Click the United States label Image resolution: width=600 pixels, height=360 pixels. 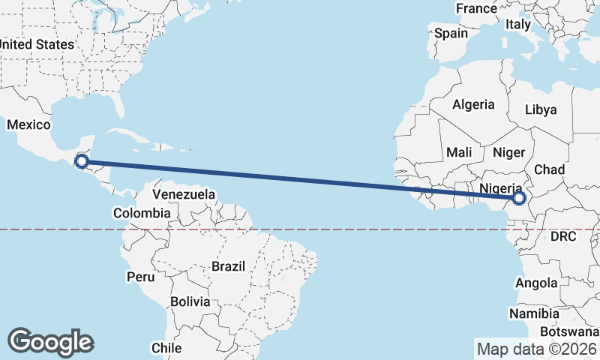[x=37, y=44]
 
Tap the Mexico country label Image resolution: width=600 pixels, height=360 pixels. [x=29, y=124]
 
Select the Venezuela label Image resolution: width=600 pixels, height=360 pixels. [x=184, y=195]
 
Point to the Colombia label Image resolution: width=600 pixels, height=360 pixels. [x=142, y=214]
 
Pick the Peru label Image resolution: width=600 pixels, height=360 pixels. [x=140, y=277]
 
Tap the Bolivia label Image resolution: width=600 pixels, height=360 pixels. [x=189, y=302]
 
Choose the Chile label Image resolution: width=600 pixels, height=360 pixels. [x=166, y=348]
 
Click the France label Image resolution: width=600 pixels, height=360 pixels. [x=477, y=8]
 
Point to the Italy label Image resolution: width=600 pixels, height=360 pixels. [x=517, y=24]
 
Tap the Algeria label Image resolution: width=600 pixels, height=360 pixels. [x=473, y=105]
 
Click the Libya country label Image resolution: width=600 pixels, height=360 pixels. [x=541, y=109]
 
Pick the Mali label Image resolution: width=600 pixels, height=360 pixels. [x=459, y=152]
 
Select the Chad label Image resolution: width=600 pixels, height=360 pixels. [x=550, y=170]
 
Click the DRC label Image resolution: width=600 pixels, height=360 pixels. [x=562, y=236]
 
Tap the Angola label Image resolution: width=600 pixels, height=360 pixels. [x=536, y=283]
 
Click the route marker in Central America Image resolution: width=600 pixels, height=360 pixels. [x=82, y=160]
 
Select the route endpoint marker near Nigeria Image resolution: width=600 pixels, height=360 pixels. [x=518, y=199]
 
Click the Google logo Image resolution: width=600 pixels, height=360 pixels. [x=50, y=342]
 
